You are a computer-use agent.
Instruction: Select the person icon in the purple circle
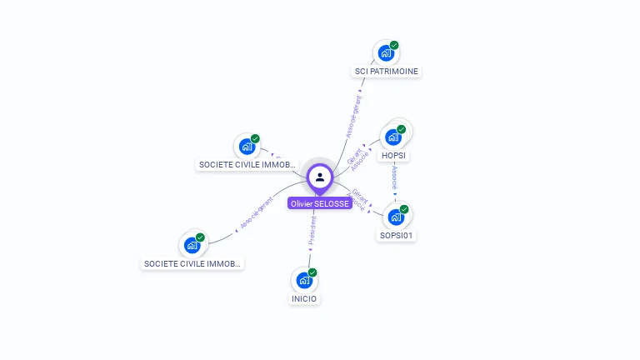tap(320, 177)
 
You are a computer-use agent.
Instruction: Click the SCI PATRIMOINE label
tap(386, 72)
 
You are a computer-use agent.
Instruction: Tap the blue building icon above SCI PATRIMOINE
tap(386, 53)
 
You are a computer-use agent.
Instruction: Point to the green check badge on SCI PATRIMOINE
tap(394, 45)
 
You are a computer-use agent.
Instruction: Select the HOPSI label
tap(392, 156)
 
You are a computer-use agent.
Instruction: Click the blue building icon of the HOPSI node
tap(392, 137)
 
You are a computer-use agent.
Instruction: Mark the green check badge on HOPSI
tap(401, 129)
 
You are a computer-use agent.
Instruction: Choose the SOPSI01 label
tap(397, 235)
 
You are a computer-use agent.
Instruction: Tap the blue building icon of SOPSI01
tap(396, 217)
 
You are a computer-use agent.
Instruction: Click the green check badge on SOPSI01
tap(404, 209)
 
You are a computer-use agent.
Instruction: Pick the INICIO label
tap(304, 298)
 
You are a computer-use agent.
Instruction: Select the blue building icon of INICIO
tap(304, 281)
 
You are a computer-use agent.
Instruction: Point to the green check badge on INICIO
tap(312, 272)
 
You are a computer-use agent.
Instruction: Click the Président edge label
tap(312, 230)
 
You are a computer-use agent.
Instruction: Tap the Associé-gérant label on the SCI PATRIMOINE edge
tap(354, 117)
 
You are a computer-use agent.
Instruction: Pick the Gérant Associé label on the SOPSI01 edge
tap(357, 198)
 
